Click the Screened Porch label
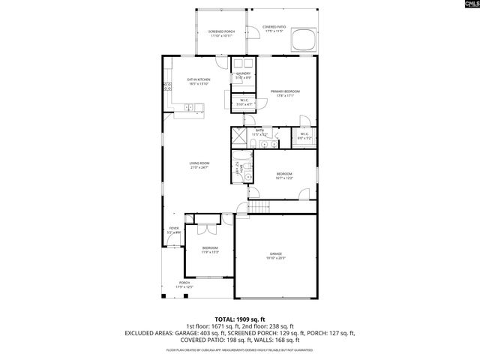tap(220, 33)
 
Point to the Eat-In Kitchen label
tap(198, 81)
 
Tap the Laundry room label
tap(244, 75)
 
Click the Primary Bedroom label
tap(285, 93)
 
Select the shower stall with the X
tap(239, 136)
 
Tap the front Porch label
tap(184, 284)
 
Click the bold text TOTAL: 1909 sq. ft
tap(240, 319)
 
